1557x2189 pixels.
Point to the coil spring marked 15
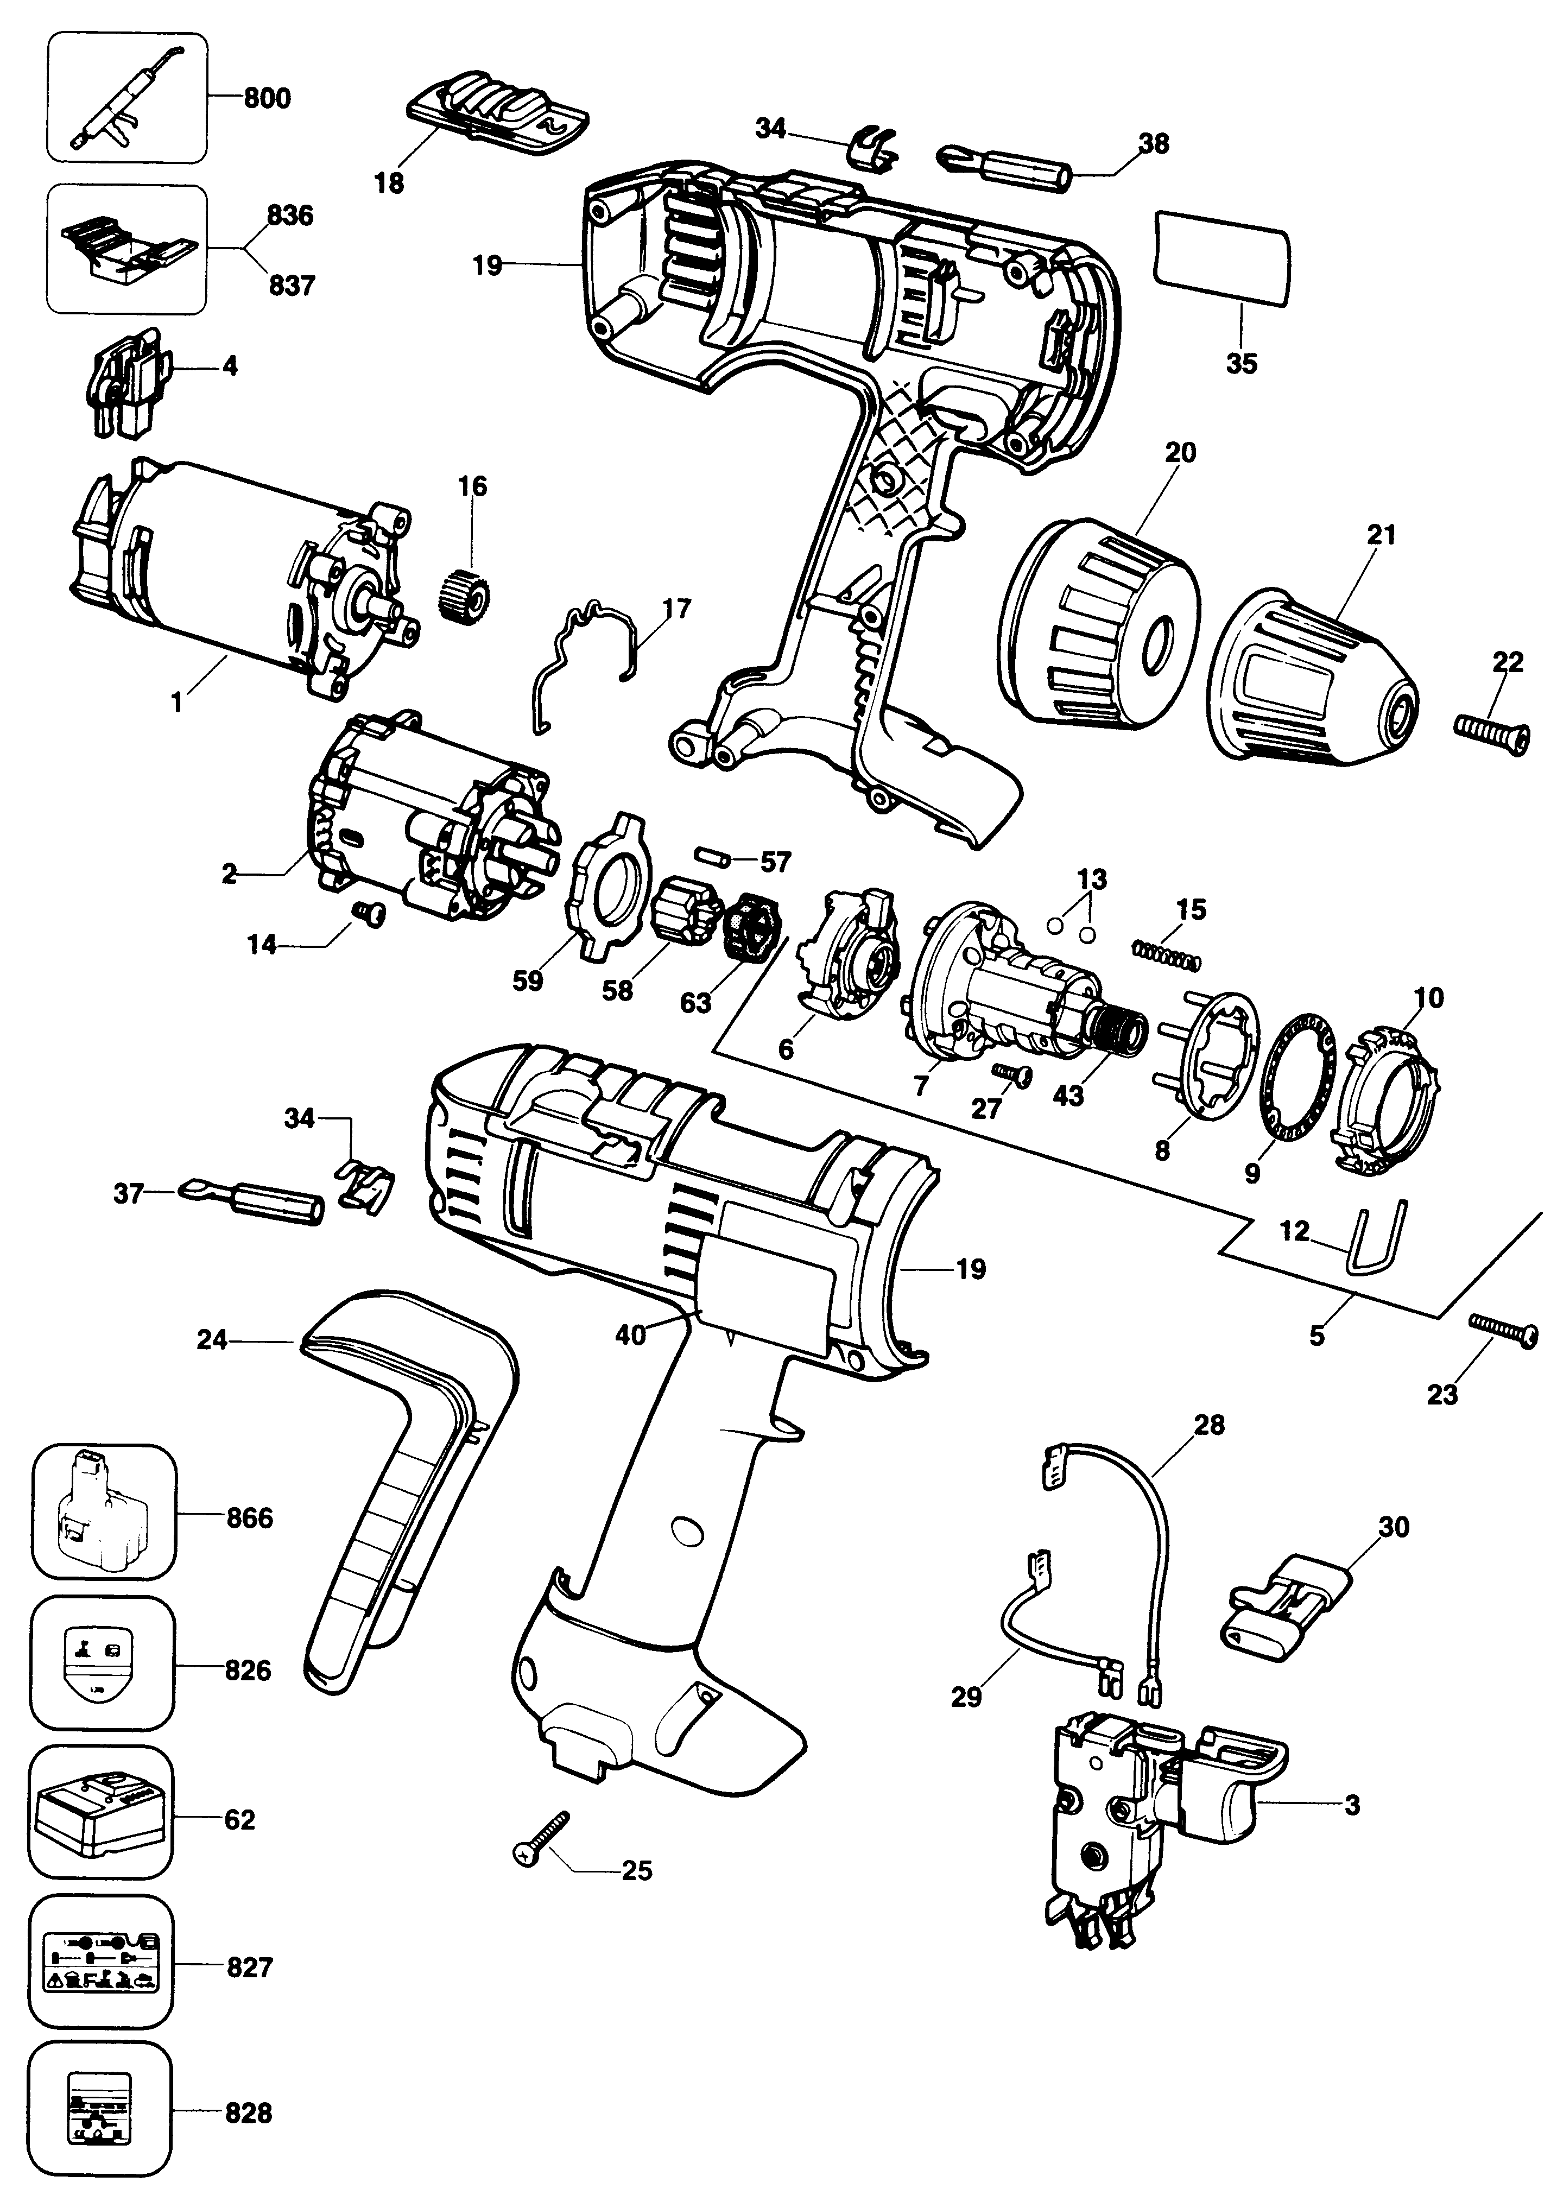pyautogui.click(x=1166, y=954)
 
